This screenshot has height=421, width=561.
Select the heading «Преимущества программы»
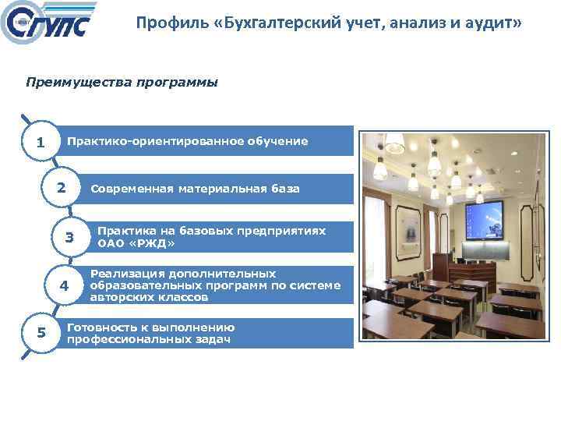(122, 82)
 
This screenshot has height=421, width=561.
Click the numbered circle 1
(41, 143)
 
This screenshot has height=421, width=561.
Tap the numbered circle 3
(69, 238)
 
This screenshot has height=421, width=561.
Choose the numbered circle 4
(65, 286)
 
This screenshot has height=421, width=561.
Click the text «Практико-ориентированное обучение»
(187, 141)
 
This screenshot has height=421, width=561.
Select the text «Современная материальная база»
(195, 189)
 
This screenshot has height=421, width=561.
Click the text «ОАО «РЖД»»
(136, 243)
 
